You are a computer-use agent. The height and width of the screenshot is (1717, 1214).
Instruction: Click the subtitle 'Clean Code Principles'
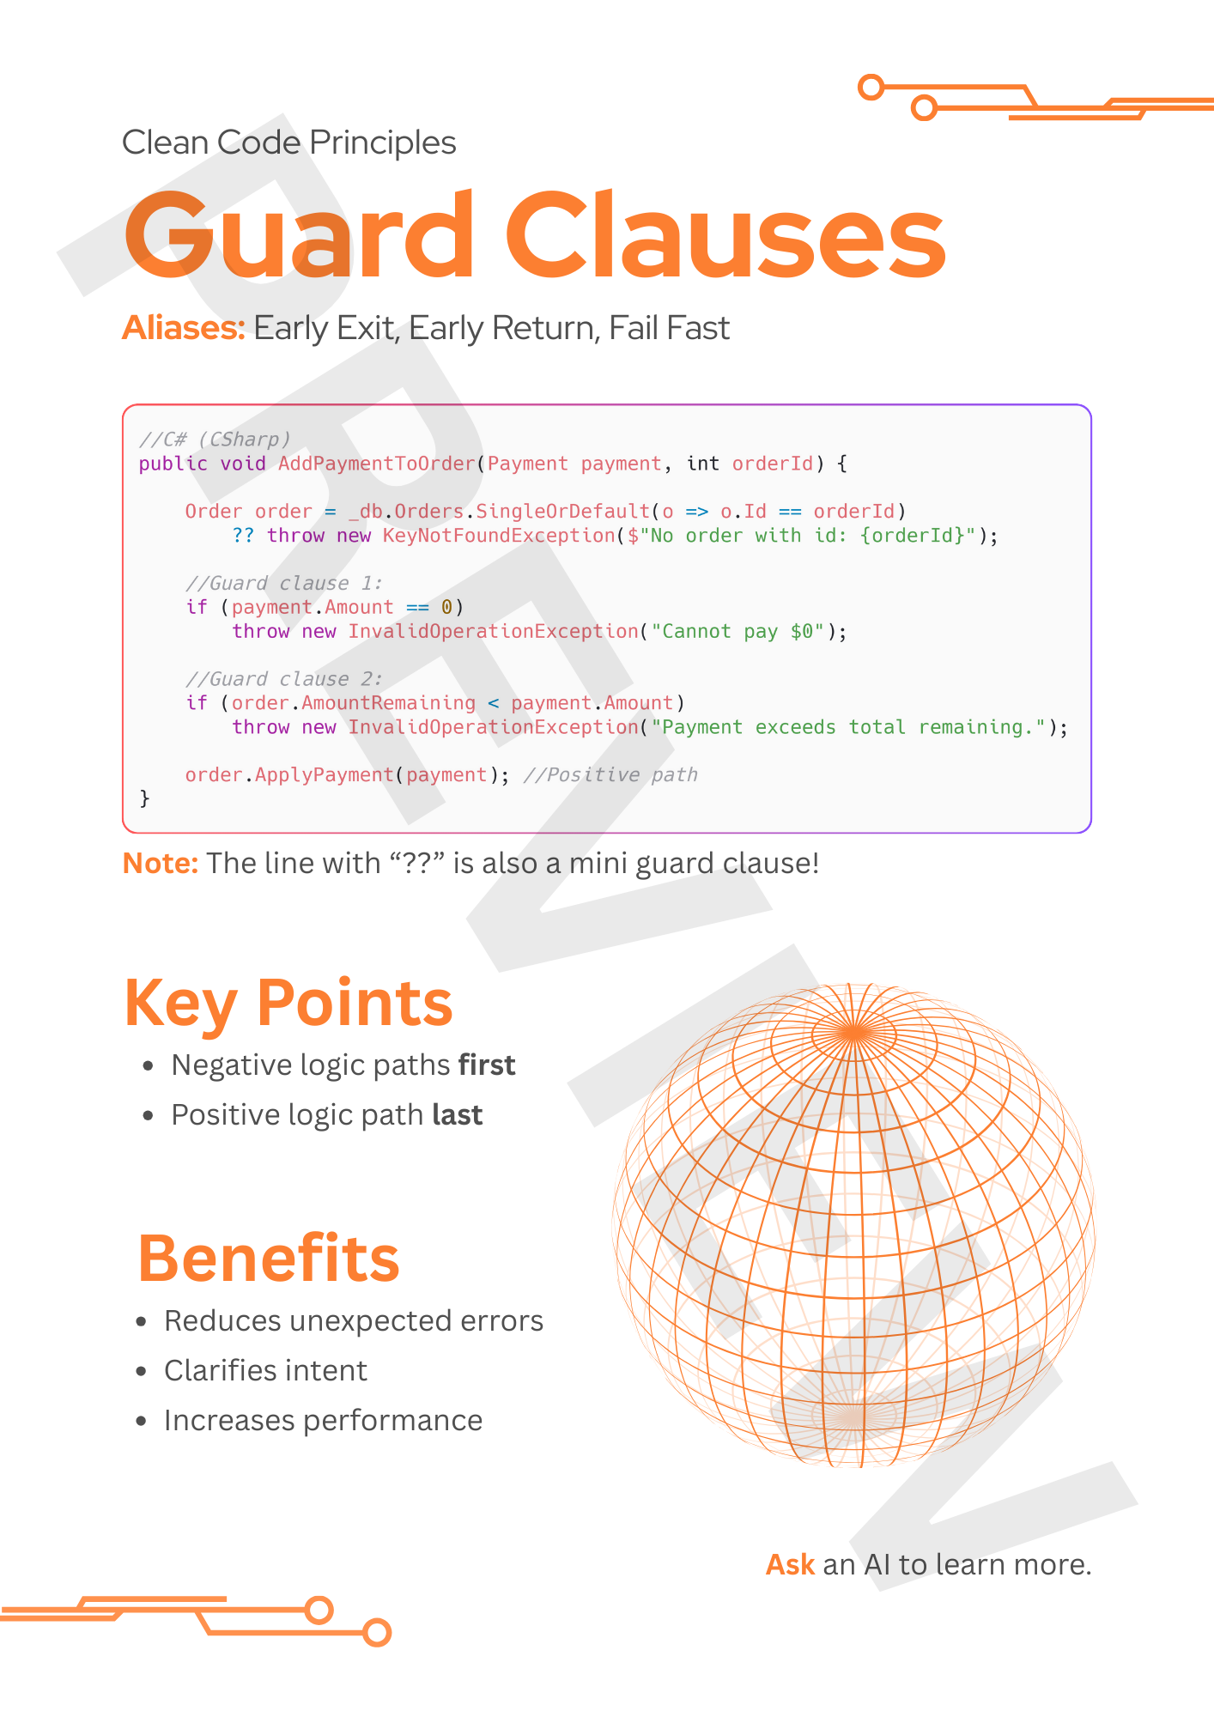click(x=288, y=143)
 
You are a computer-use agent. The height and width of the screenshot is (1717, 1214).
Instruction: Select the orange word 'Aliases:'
click(x=184, y=328)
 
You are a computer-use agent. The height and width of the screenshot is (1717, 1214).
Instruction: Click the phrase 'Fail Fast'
click(x=669, y=328)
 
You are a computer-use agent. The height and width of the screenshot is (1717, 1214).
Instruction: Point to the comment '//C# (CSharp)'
click(x=215, y=440)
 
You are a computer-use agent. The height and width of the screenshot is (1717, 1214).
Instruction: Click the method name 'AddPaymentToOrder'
click(x=376, y=464)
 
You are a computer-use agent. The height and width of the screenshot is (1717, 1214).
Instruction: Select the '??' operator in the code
click(x=243, y=536)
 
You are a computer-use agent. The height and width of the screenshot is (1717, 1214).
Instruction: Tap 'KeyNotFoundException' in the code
click(x=499, y=536)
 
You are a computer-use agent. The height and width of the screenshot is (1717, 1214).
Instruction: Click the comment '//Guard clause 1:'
click(x=283, y=584)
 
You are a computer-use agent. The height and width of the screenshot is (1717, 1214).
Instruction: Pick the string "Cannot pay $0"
click(x=738, y=632)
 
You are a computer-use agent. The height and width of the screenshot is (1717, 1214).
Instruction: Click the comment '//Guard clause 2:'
click(x=283, y=679)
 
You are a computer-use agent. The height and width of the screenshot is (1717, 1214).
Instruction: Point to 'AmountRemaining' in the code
click(x=388, y=703)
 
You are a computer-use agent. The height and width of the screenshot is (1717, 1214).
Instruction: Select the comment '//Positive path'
click(x=610, y=775)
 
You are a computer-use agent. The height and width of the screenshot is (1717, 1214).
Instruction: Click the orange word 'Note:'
click(x=161, y=863)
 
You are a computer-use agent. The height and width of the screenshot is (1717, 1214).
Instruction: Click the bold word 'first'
click(x=487, y=1065)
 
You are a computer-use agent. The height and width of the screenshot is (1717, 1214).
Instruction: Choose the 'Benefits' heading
click(x=269, y=1259)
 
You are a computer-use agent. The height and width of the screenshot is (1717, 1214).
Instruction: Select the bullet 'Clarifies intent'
click(x=265, y=1371)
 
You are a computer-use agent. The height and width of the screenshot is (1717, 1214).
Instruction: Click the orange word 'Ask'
click(x=790, y=1565)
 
